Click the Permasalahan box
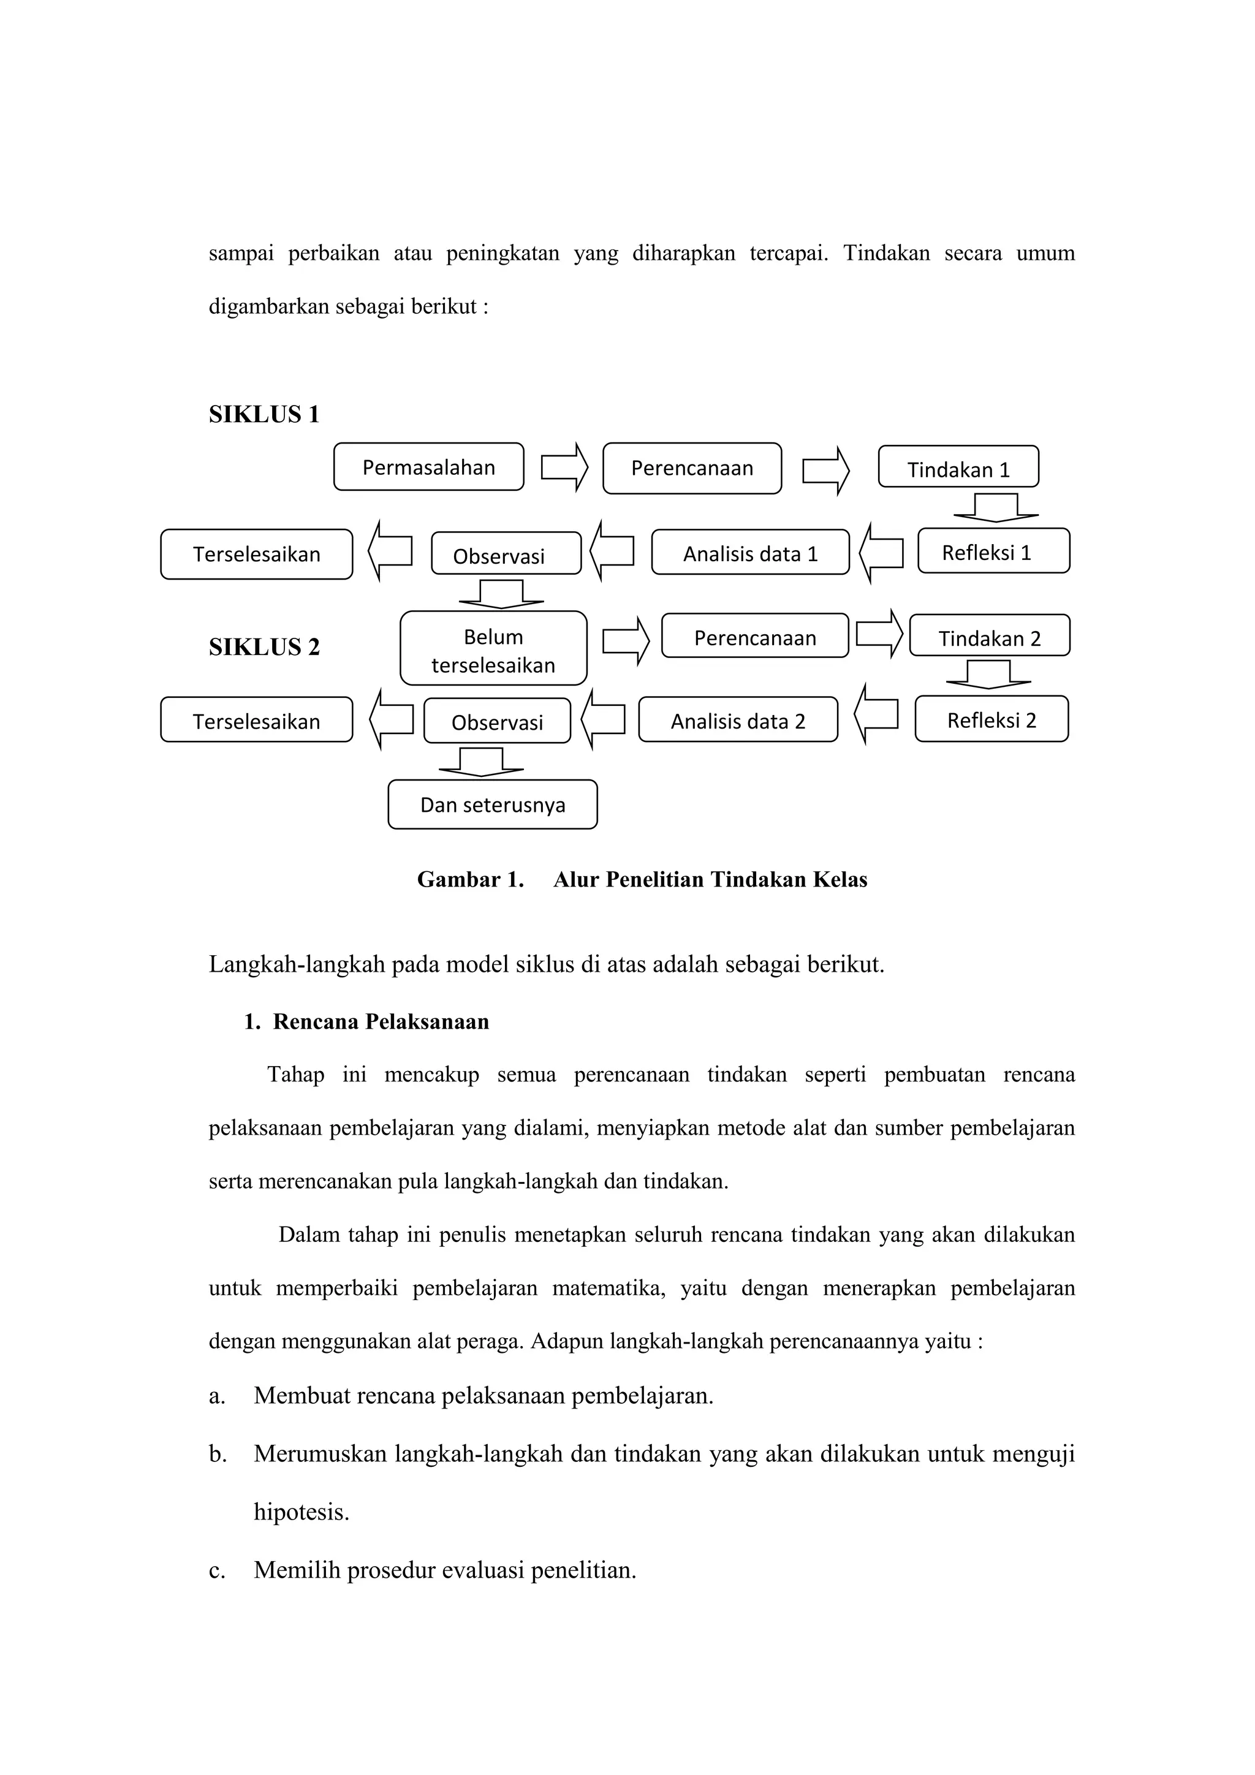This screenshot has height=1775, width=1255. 428,467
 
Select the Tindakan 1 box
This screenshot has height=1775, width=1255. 958,467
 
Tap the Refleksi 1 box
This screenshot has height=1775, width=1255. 993,551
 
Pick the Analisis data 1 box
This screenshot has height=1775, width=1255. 750,553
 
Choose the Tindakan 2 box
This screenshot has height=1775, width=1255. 990,636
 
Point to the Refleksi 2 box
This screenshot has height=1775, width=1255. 991,720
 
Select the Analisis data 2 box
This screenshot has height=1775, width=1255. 738,721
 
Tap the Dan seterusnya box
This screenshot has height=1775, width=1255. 493,804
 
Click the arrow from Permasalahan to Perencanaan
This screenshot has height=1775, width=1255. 564,467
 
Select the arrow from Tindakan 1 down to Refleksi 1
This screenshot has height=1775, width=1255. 996,508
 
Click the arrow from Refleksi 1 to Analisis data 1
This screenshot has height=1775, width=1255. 882,553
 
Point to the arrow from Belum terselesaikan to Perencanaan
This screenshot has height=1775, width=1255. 626,641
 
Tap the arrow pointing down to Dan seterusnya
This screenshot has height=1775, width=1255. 481,762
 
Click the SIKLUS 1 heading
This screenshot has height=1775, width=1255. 264,414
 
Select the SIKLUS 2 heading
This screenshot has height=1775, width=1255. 264,647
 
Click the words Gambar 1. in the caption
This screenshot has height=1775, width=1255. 470,880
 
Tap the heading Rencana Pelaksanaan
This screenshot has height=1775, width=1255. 381,1022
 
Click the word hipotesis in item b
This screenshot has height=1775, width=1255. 301,1512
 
